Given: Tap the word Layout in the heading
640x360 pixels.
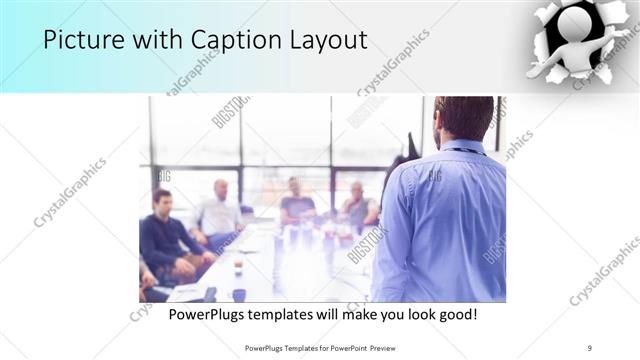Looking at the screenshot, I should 327,41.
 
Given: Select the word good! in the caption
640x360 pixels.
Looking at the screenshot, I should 455,315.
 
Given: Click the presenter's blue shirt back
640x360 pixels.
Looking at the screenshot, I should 445,220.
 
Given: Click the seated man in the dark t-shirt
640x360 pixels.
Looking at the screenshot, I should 296,203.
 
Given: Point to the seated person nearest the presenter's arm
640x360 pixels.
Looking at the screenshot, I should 358,205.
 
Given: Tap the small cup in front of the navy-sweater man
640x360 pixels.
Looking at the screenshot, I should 238,267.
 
